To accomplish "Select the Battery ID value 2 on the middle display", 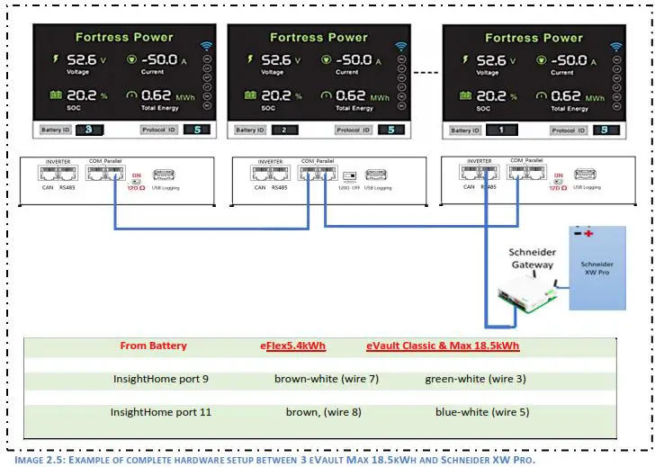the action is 284,130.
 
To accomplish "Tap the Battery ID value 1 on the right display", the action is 500,130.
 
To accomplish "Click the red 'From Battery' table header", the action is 153,346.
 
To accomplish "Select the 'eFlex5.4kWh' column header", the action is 292,346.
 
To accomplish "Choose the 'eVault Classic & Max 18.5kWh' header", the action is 443,346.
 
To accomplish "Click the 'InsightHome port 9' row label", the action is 161,379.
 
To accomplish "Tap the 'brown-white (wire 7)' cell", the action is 327,379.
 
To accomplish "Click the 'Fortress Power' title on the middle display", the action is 319,37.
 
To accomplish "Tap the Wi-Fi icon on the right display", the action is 616,47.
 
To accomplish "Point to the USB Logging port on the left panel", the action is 165,175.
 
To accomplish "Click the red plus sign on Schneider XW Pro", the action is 589,233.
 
